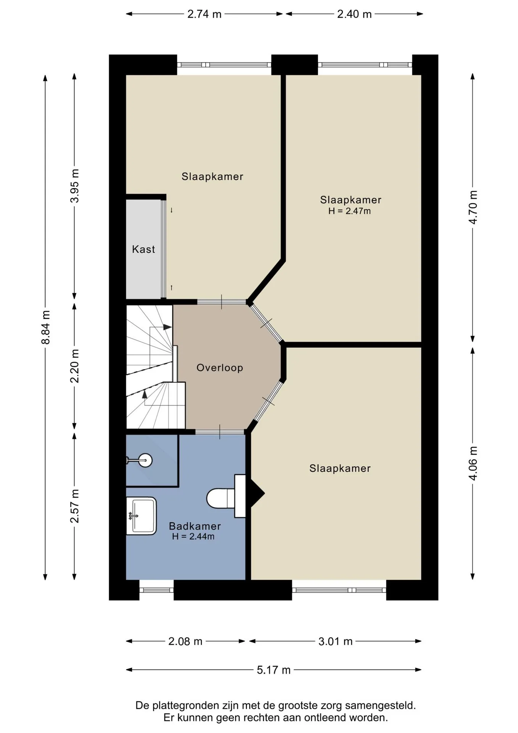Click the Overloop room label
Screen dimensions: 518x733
220,368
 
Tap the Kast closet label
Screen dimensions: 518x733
143,249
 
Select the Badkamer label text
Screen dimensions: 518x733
195,526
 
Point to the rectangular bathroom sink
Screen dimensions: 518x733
142,516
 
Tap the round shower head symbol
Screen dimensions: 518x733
145,460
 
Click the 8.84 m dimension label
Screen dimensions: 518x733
46,327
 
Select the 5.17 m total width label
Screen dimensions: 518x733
273,670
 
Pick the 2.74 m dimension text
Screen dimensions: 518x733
204,14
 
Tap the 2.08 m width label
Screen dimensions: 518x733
185,641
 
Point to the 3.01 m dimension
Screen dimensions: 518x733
336,641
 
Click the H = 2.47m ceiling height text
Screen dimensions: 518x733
349,211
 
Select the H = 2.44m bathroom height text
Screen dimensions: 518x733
193,536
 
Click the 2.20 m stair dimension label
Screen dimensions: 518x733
75,366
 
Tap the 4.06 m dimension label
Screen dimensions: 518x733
473,463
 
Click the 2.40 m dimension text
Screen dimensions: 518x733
354,14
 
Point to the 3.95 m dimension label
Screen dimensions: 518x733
75,186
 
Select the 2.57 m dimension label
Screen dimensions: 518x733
75,506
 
